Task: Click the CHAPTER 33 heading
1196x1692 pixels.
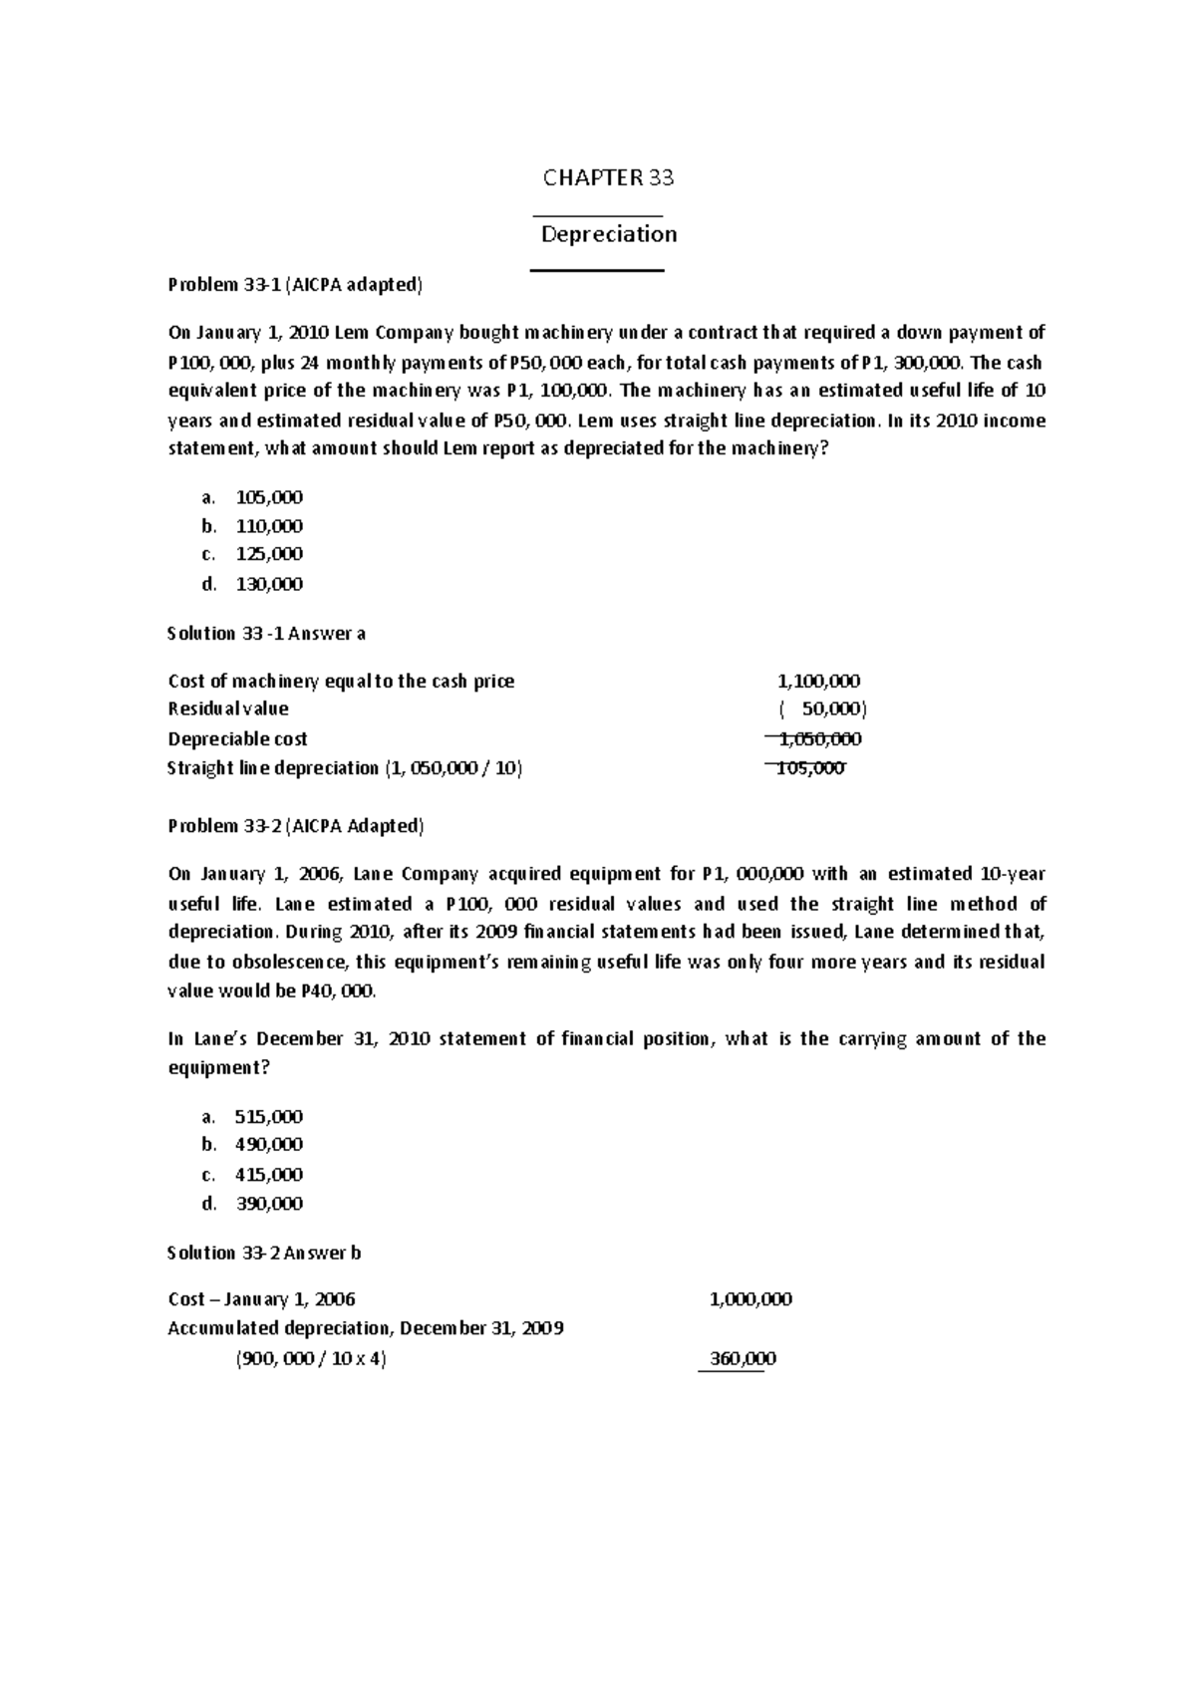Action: click(x=608, y=178)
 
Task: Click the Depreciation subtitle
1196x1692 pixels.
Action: click(x=608, y=234)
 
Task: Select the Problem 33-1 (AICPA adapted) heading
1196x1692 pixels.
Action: click(x=295, y=285)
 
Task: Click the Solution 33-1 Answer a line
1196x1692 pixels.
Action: click(x=266, y=633)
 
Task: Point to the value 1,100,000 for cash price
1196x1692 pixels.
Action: click(x=818, y=682)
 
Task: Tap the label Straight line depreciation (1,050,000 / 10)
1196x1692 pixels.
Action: click(x=345, y=768)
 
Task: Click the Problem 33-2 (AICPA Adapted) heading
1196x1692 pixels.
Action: click(x=296, y=826)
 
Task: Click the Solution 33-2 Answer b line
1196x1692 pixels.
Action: click(x=264, y=1253)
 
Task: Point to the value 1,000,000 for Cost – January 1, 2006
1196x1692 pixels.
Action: click(x=750, y=1299)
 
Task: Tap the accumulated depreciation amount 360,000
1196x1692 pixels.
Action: click(x=743, y=1358)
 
